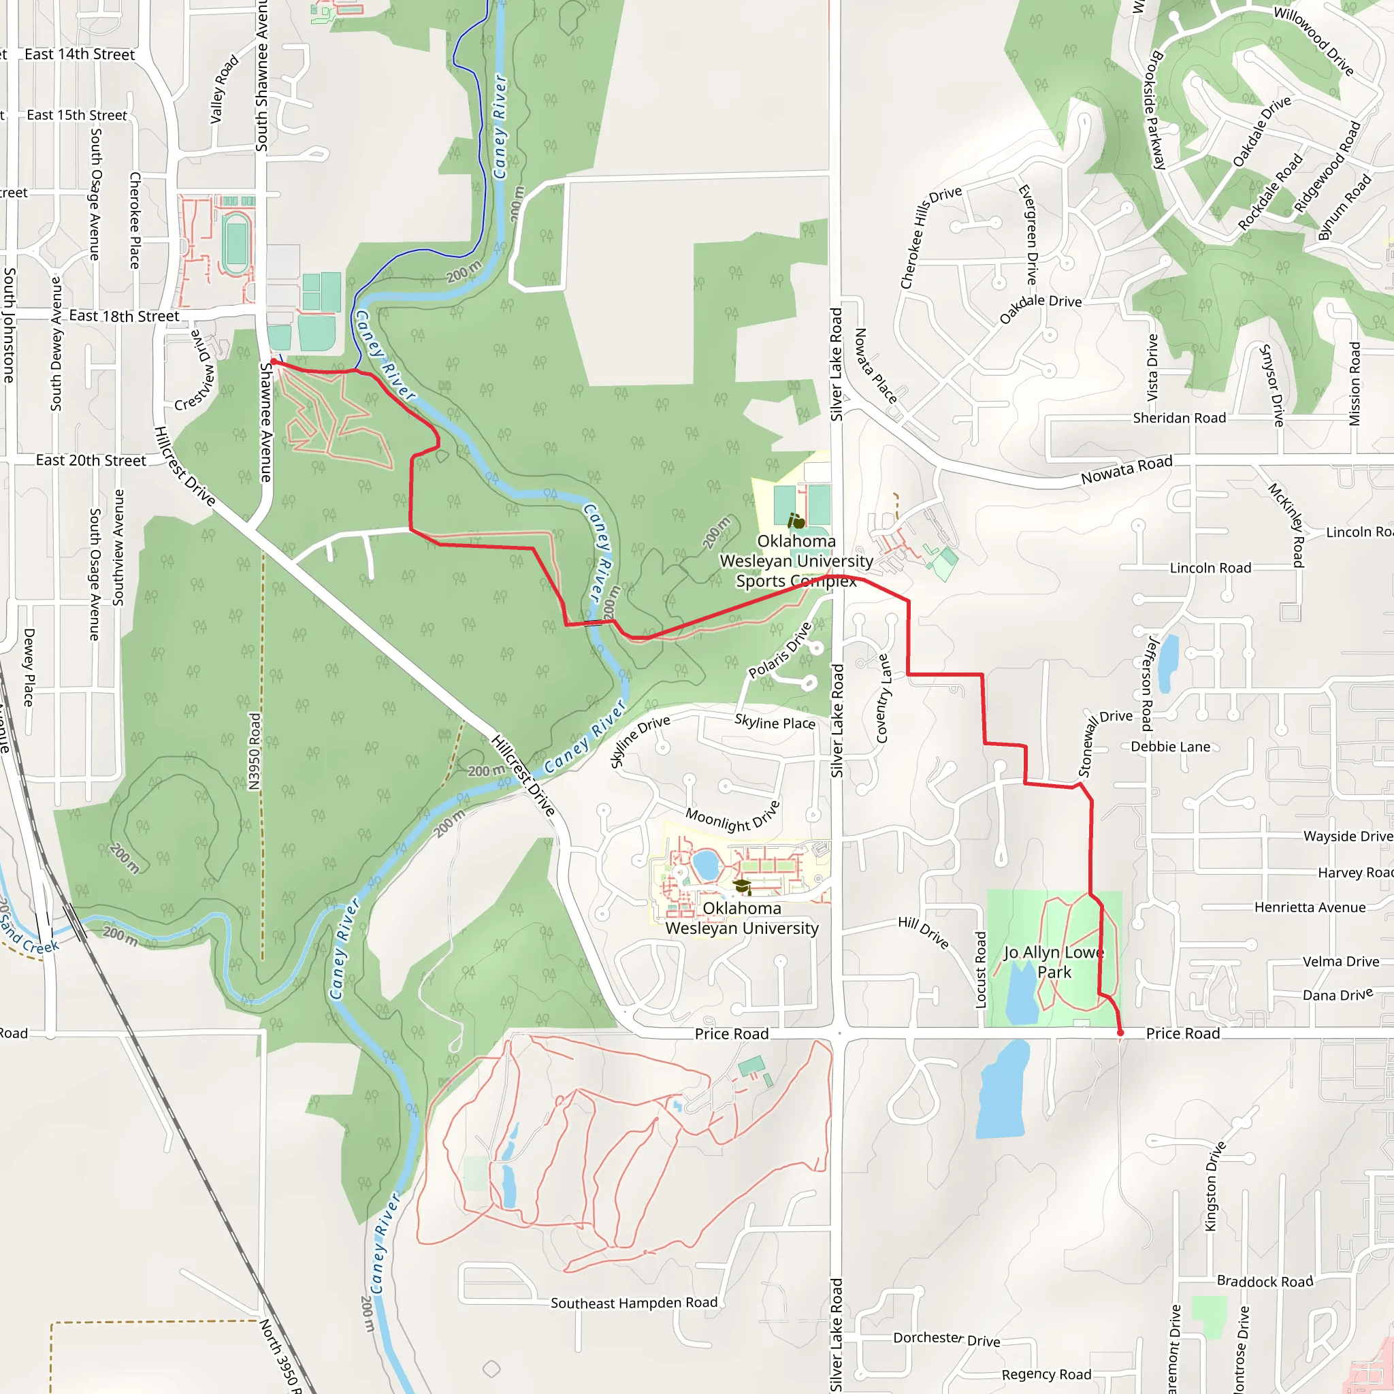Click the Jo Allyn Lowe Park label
(1054, 962)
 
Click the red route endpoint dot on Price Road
(1120, 1033)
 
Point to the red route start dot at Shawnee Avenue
(273, 361)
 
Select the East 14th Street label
(80, 55)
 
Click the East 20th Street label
(91, 460)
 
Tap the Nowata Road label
(1126, 469)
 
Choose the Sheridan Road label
(1179, 419)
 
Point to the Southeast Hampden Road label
(634, 1303)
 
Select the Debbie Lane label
(1170, 747)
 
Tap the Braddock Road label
(1265, 1282)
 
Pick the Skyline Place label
(774, 722)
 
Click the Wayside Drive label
(1347, 837)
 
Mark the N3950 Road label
(254, 751)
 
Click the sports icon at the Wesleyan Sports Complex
(796, 520)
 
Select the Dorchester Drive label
(947, 1338)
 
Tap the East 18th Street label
(124, 316)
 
